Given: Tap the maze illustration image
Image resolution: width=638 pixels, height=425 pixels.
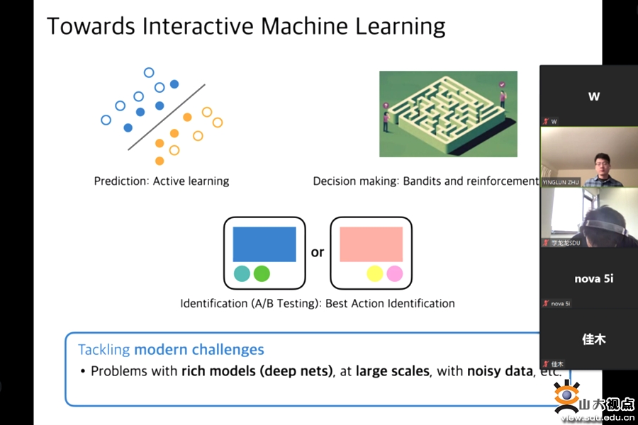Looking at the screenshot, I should pos(448,113).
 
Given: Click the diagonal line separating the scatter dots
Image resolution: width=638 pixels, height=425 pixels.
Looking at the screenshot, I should pos(167,117).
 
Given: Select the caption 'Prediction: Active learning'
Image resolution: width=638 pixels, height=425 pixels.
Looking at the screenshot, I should pos(162,181).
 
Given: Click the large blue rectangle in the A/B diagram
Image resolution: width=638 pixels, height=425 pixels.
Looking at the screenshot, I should pos(264,244).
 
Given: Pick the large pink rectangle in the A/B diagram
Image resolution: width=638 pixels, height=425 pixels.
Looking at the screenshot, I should pos(371,244).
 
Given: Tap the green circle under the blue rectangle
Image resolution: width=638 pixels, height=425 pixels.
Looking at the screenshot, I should pos(262,273).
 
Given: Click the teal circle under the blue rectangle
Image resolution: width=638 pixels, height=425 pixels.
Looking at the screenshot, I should pos(242,273).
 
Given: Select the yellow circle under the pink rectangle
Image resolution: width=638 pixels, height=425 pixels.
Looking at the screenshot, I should pos(374,273).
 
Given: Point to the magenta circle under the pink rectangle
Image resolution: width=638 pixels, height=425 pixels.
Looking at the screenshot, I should pos(394,273).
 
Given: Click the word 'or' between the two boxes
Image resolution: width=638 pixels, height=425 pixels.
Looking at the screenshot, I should pos(318,252).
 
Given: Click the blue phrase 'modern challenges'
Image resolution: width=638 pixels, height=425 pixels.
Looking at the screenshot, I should pos(199,349).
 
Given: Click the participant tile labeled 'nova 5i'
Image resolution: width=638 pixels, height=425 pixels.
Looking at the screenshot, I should pos(593,278).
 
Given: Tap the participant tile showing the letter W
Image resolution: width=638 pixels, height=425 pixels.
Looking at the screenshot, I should pos(593,96).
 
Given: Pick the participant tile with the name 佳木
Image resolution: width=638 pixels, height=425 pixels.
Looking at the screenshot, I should pos(593,339).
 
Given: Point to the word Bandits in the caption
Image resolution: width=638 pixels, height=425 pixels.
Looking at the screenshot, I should pos(422,181).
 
